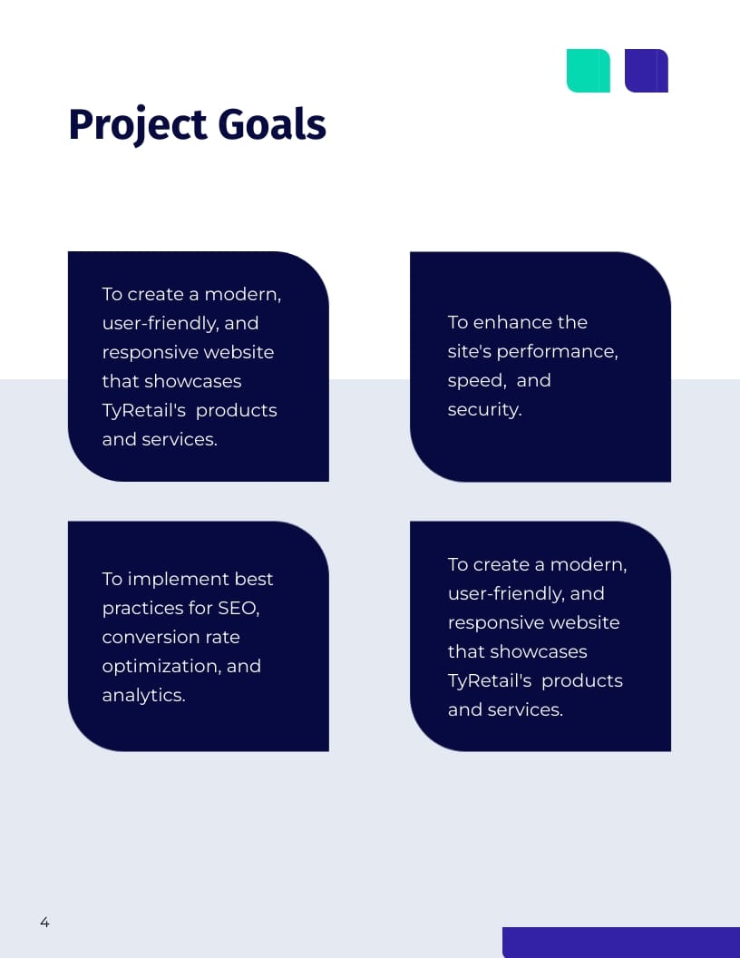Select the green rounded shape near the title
(588, 71)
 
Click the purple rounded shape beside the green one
(646, 71)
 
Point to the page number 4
(44, 923)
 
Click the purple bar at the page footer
(620, 942)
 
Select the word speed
(469, 381)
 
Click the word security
(484, 409)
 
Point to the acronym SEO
(239, 608)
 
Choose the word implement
(179, 579)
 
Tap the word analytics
(143, 695)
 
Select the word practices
(142, 608)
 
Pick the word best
(254, 579)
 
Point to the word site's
(469, 352)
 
